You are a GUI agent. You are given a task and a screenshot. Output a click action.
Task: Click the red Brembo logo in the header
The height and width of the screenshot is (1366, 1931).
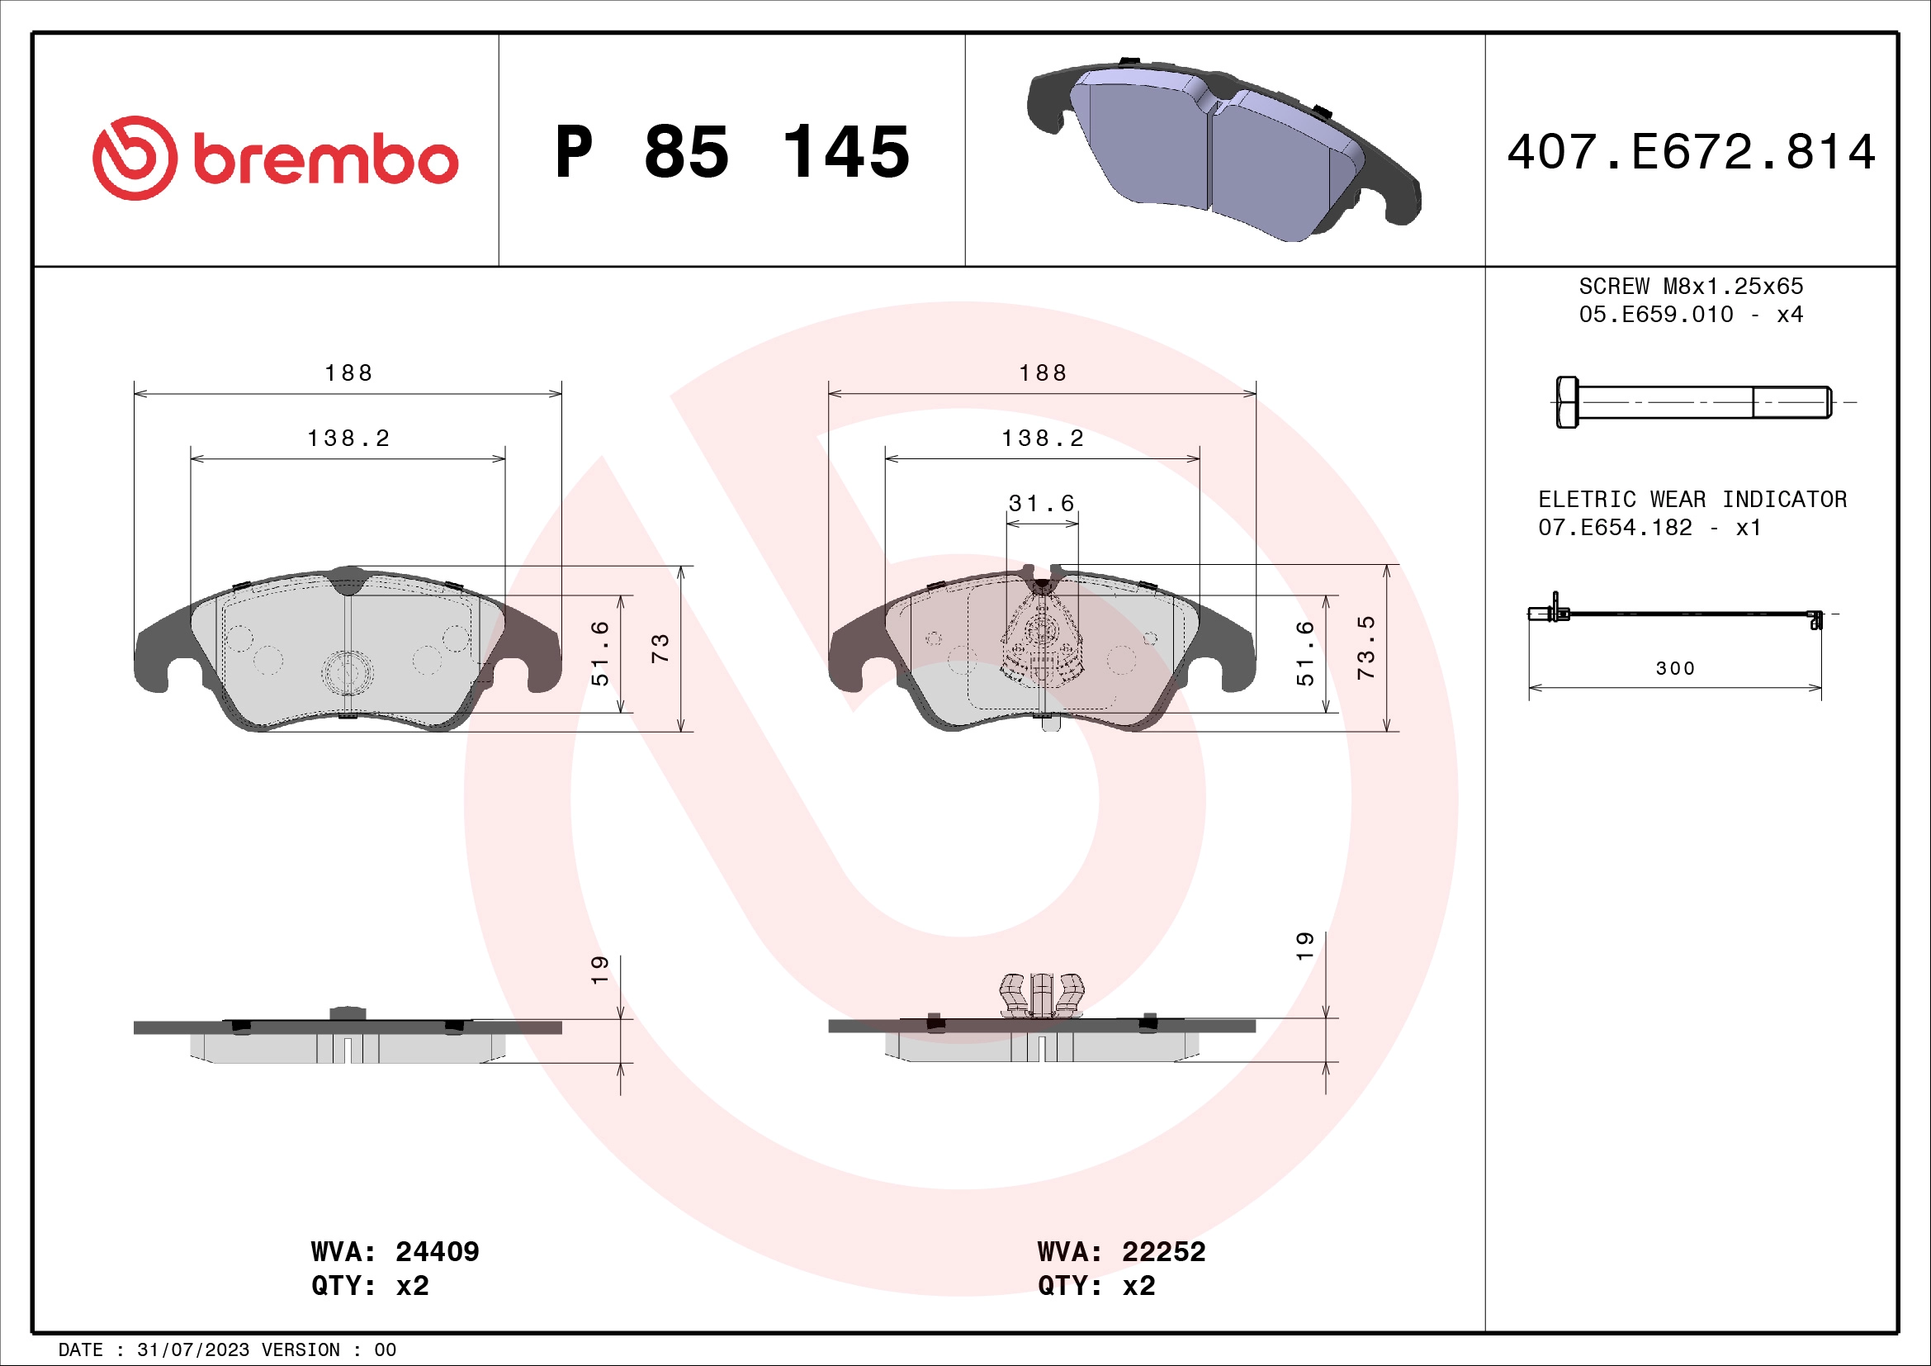coord(275,158)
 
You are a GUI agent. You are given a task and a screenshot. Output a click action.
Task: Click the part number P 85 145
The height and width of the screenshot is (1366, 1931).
coord(731,152)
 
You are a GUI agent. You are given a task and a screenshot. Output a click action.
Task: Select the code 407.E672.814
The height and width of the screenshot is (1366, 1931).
coord(1691,152)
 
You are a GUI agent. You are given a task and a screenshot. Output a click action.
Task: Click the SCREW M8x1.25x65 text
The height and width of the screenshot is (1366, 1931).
coord(1691,286)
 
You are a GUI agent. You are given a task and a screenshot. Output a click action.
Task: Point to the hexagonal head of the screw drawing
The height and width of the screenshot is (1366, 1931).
coord(1567,402)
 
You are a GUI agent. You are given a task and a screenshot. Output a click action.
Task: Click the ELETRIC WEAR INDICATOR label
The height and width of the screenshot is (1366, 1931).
coord(1692,499)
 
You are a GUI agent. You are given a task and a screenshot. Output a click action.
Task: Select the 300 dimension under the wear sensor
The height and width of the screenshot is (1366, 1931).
coord(1674,668)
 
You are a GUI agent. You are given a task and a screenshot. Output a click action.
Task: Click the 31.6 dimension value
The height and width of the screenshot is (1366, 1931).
coord(1041,503)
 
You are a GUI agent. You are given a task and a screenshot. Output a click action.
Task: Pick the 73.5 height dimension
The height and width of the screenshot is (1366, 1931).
coord(1365,647)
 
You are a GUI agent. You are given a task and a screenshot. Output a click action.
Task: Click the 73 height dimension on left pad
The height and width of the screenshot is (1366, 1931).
coord(660,647)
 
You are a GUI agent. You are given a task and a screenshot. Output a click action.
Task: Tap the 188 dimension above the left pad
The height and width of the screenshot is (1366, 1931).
coord(348,372)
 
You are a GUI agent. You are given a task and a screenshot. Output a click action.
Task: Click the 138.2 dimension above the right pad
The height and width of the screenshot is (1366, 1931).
coord(1042,439)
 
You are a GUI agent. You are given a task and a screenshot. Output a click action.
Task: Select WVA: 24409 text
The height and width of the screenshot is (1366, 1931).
coord(395,1250)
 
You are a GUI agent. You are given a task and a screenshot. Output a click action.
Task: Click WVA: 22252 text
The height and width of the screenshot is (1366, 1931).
coord(1121,1250)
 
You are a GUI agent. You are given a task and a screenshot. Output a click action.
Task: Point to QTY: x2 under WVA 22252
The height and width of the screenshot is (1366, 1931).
coord(1096,1285)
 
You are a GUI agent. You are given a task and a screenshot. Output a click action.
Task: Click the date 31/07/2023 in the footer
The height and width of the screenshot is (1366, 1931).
coord(192,1349)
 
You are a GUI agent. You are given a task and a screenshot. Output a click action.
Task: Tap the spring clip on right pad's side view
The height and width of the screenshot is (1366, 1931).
coord(1041,995)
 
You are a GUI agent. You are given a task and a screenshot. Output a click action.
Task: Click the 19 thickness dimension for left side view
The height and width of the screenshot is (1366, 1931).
coord(599,969)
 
